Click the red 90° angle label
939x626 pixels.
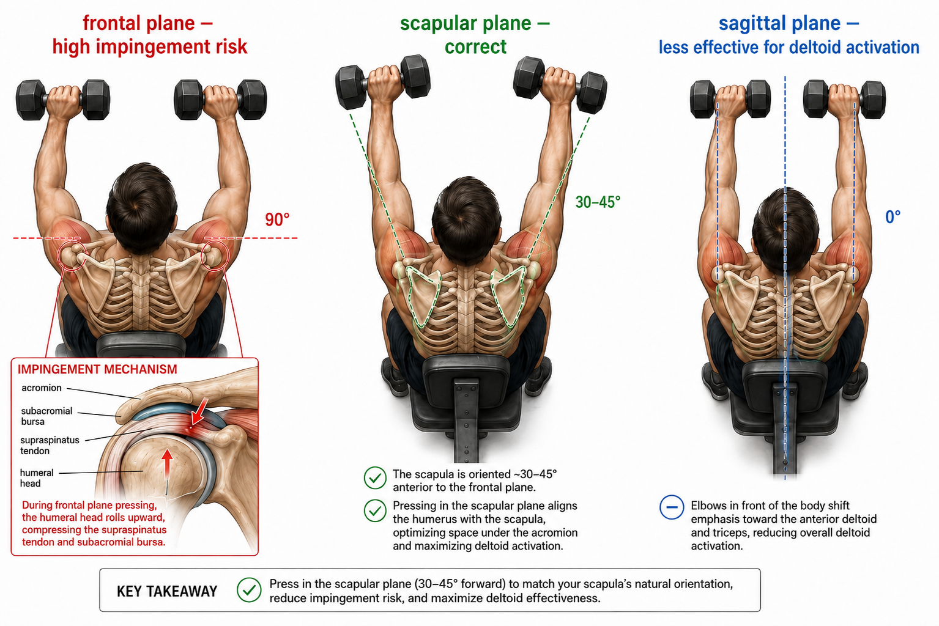click(x=277, y=219)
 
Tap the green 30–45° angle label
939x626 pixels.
click(x=598, y=202)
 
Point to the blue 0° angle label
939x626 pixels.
click(x=893, y=216)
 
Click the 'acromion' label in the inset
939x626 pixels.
click(x=42, y=388)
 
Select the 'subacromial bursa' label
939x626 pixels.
click(x=46, y=416)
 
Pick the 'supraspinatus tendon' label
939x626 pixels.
click(x=50, y=446)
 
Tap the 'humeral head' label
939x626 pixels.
click(x=37, y=478)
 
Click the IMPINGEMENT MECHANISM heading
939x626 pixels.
click(x=97, y=369)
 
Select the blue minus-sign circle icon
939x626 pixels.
click(x=672, y=507)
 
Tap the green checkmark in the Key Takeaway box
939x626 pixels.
click(x=249, y=590)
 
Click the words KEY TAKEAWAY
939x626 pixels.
click(x=167, y=591)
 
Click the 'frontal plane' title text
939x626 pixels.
click(x=139, y=23)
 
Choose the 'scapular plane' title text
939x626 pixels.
click(x=466, y=23)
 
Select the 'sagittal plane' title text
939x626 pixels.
click(x=780, y=23)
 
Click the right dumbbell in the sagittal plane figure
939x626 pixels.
click(x=844, y=99)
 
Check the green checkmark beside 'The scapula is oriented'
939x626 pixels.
click(x=375, y=477)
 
